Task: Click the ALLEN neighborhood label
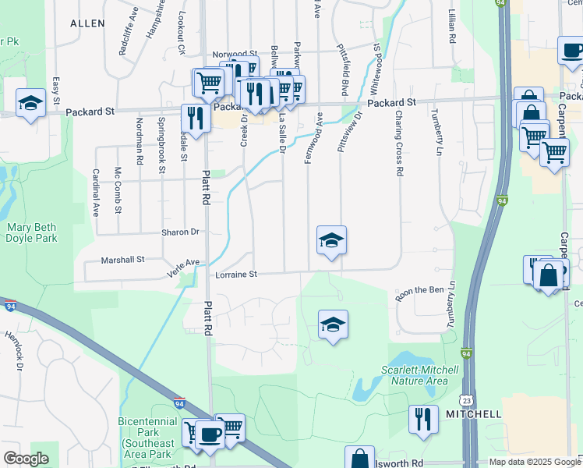87,23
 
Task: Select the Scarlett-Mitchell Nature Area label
414,375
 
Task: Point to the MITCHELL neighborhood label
474,414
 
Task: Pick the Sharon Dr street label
181,232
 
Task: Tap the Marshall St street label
124,260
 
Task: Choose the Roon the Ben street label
419,290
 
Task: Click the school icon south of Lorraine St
333,324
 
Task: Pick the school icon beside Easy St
30,103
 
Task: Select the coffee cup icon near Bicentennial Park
210,434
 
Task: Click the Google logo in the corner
26,459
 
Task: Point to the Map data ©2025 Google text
535,462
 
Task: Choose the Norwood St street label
235,55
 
